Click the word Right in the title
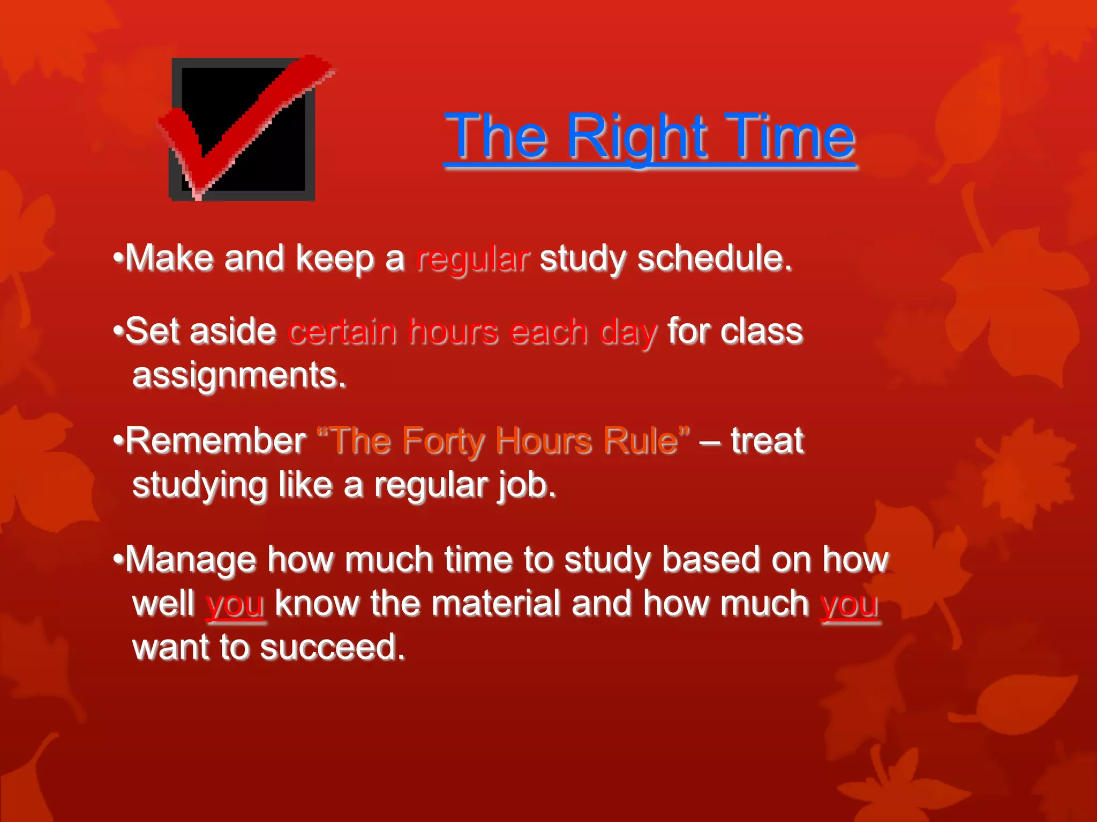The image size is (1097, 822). click(x=637, y=138)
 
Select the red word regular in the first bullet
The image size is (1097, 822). click(x=473, y=260)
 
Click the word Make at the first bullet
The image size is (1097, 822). click(x=169, y=259)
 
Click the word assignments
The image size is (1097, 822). click(x=239, y=376)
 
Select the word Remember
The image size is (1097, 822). click(x=215, y=442)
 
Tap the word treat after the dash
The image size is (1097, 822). click(x=767, y=442)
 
